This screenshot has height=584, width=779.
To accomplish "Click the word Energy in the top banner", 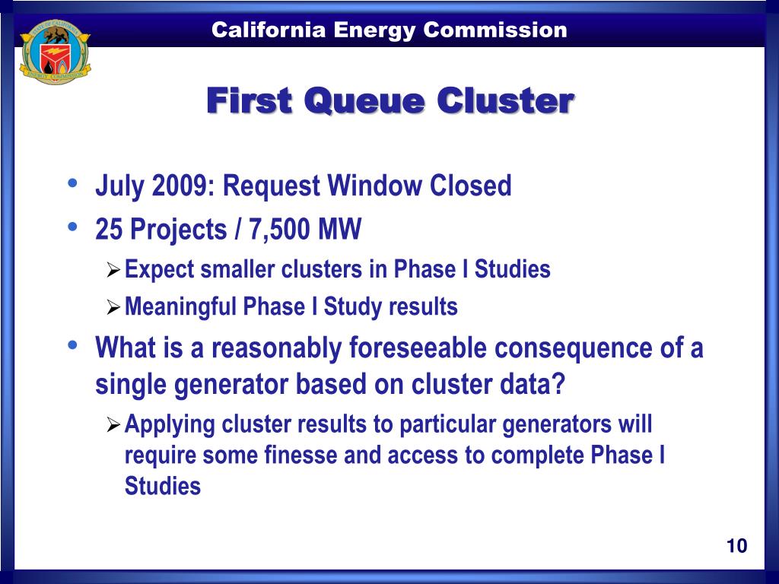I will pyautogui.click(x=370, y=30).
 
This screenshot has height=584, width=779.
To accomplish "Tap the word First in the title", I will pyautogui.click(x=250, y=101).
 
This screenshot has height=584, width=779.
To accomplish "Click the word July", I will pyautogui.click(x=119, y=186).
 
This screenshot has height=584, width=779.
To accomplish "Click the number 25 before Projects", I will pyautogui.click(x=108, y=228).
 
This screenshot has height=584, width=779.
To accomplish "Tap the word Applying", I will pyautogui.click(x=170, y=424).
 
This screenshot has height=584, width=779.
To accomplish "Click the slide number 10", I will pyautogui.click(x=736, y=546).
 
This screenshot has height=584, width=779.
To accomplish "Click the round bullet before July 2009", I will pyautogui.click(x=72, y=184).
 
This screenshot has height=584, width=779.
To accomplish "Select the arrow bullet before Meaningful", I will pyautogui.click(x=113, y=307).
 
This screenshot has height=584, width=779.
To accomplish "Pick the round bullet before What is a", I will pyautogui.click(x=72, y=347).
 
